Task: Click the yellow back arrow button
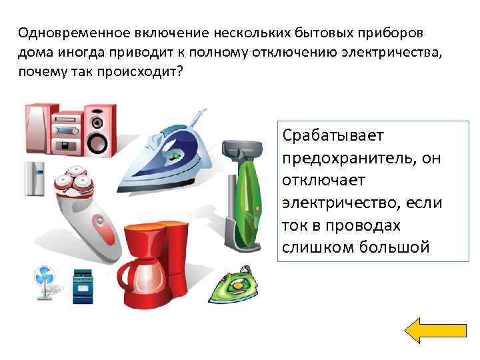[x=436, y=331]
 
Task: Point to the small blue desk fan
[x=43, y=282]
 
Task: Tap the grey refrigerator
[x=34, y=179]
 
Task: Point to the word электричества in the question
[x=393, y=53]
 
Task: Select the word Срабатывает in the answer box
[x=333, y=136]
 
